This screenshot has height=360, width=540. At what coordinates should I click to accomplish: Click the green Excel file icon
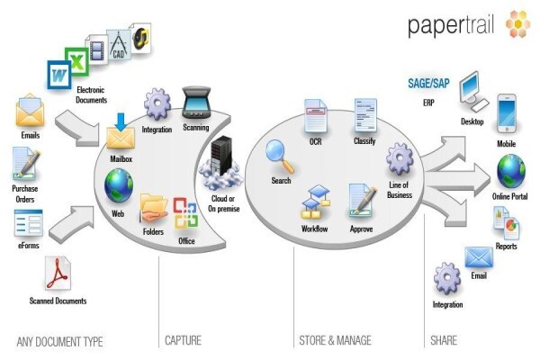77,62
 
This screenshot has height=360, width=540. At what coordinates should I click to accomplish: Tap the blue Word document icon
59,75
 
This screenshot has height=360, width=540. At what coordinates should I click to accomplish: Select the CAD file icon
119,46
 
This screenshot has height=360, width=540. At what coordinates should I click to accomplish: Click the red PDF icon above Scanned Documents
58,274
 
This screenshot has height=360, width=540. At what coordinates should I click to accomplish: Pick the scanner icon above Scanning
196,103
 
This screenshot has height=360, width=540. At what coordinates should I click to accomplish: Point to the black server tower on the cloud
221,156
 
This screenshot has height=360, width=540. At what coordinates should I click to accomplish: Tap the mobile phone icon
507,114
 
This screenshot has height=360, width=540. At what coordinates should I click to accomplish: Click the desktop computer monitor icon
473,91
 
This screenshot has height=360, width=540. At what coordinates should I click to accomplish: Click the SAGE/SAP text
428,84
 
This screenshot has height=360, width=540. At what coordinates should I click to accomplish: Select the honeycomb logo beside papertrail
517,23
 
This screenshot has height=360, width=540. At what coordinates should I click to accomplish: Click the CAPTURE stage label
183,340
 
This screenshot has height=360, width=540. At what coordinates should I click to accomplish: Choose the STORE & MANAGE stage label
335,340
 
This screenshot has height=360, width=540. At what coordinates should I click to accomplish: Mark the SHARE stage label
444,340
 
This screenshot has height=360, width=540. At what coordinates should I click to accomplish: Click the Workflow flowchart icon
316,202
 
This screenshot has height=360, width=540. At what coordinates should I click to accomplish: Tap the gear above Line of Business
400,159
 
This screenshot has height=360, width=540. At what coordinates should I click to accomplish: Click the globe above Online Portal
510,172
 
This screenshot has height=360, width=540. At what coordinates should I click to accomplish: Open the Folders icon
153,208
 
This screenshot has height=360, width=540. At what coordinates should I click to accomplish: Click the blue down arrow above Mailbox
121,122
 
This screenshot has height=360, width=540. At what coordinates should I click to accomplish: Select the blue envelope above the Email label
479,257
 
